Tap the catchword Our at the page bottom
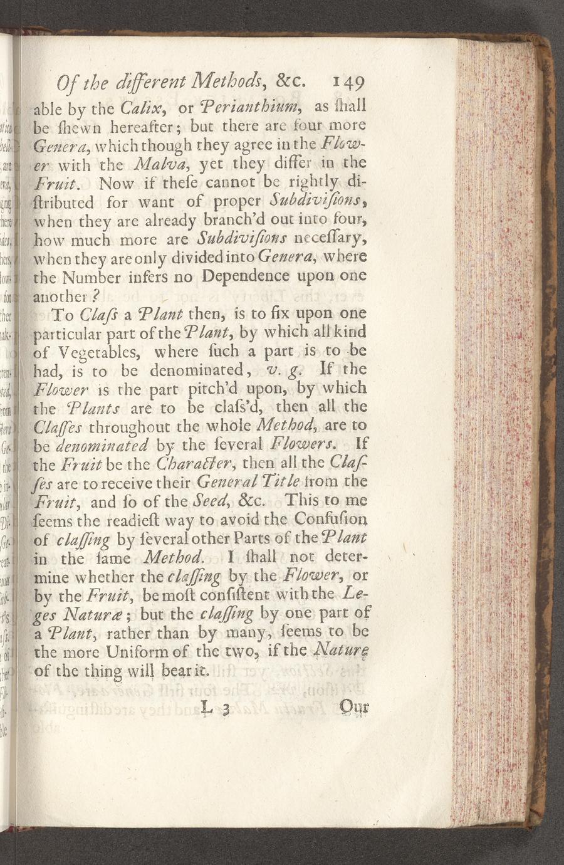(x=355, y=708)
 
